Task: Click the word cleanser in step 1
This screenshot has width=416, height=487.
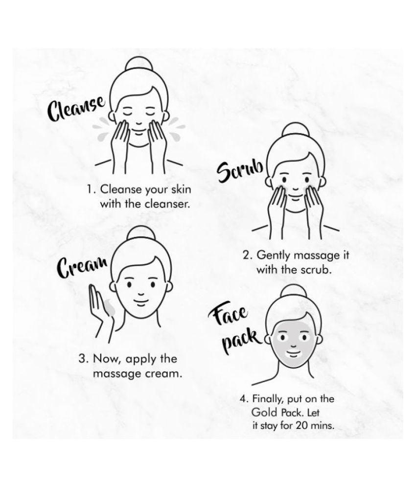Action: [x=167, y=205]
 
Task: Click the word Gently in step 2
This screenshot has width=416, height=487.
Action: [x=274, y=255]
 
